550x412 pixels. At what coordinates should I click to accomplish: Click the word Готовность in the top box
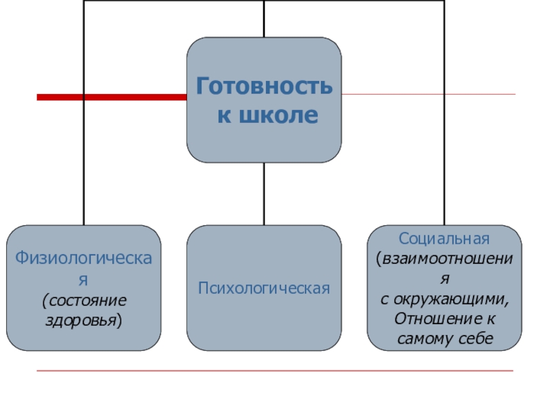point(264,87)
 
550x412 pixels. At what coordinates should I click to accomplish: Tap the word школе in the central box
point(278,115)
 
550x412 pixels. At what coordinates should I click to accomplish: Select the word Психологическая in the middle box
point(264,288)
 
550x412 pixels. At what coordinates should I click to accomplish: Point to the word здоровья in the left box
point(82,320)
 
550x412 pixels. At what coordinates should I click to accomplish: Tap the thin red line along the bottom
point(275,371)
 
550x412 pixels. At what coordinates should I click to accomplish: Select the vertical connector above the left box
point(84,137)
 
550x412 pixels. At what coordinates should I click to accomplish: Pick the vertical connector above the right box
point(444,137)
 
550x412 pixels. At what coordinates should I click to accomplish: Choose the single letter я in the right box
point(445,281)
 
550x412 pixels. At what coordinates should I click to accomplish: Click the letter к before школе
point(224,115)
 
